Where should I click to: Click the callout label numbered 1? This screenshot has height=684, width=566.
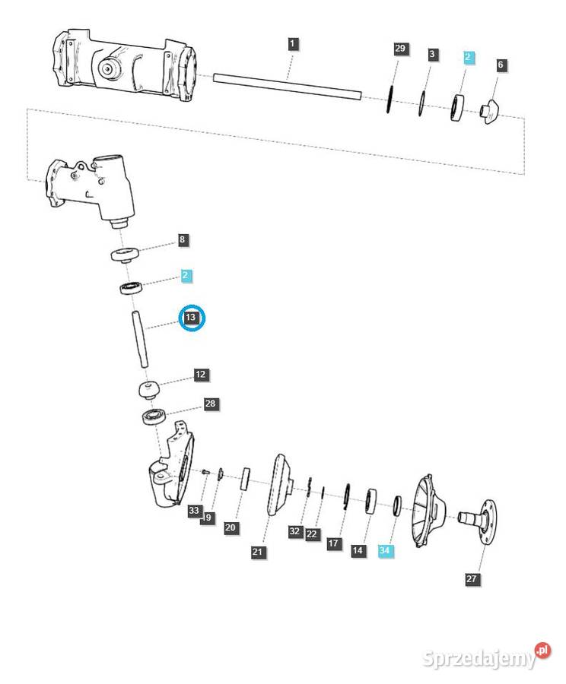[294, 44]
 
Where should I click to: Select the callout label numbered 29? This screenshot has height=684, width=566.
[401, 49]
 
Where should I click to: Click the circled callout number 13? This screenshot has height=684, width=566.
[191, 318]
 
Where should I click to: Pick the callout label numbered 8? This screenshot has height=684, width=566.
[182, 240]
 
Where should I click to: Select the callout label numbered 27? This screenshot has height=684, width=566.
[472, 579]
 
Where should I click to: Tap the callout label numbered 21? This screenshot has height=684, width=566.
[259, 552]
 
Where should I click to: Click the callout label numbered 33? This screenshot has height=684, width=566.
[194, 511]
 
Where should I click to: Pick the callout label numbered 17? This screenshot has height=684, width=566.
[333, 543]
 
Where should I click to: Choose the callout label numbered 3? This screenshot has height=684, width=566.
[432, 54]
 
